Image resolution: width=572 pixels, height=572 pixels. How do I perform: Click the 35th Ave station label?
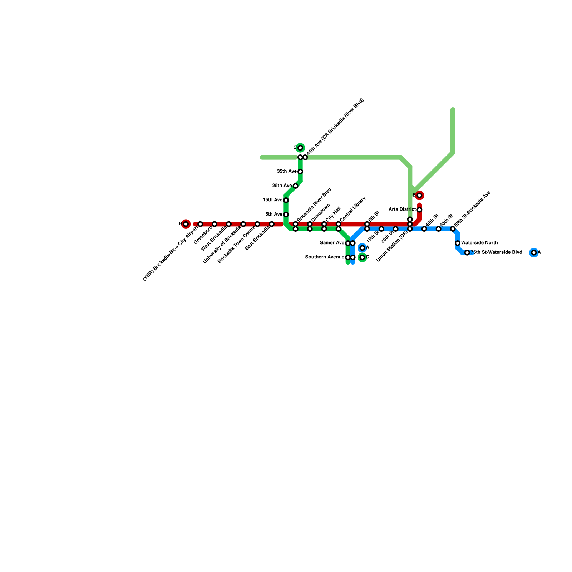pyautogui.click(x=287, y=172)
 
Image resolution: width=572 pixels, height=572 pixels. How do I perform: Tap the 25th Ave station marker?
pyautogui.click(x=296, y=186)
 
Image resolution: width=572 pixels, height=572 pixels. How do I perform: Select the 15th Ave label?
pyautogui.click(x=272, y=200)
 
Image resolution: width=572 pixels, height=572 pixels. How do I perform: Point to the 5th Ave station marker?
pyautogui.click(x=286, y=214)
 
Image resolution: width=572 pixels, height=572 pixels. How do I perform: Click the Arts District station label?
pyautogui.click(x=402, y=209)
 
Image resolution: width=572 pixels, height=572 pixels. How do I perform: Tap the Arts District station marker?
pyautogui.click(x=419, y=210)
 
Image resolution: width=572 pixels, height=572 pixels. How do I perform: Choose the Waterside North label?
pyautogui.click(x=479, y=243)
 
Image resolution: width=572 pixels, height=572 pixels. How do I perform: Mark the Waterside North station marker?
pyautogui.click(x=458, y=243)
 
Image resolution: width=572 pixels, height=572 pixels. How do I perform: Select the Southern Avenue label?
pyautogui.click(x=325, y=257)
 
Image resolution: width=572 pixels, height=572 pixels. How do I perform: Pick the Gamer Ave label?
pyautogui.click(x=332, y=243)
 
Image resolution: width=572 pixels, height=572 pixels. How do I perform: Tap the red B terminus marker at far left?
pyautogui.click(x=186, y=224)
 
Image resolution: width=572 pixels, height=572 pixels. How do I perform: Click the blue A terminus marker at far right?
pyautogui.click(x=534, y=253)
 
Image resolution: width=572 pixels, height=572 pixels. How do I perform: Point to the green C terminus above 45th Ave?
pyautogui.click(x=300, y=148)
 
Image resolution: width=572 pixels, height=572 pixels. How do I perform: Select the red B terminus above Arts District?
pyautogui.click(x=419, y=196)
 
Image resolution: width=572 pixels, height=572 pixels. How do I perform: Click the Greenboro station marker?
pyautogui.click(x=214, y=224)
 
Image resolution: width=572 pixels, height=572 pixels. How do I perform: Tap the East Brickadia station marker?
pyautogui.click(x=272, y=224)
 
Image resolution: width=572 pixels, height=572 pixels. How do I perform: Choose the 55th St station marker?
pyautogui.click(x=439, y=229)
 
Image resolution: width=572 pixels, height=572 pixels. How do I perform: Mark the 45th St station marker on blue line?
pyautogui.click(x=424, y=229)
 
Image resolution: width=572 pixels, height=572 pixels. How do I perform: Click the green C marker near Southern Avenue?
pyautogui.click(x=362, y=257)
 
